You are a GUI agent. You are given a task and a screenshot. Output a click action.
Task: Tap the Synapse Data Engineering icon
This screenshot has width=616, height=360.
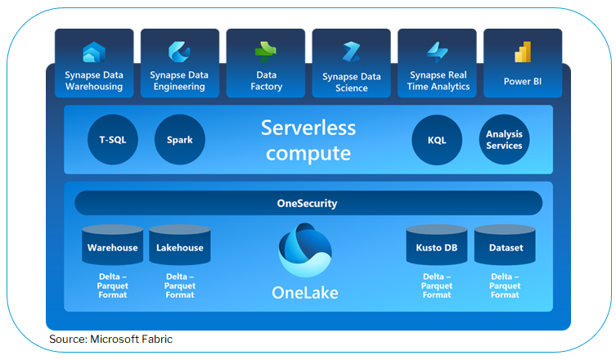(x=179, y=52)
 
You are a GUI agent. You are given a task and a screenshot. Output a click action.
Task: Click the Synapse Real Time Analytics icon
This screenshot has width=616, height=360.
(x=437, y=52)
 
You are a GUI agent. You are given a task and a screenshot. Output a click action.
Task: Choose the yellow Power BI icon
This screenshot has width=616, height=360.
(x=523, y=52)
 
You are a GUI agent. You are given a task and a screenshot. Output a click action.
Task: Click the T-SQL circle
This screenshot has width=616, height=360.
(x=113, y=140)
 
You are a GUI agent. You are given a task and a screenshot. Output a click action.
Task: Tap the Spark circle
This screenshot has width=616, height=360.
(x=180, y=140)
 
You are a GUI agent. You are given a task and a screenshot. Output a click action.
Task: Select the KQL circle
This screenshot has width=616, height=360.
(x=438, y=140)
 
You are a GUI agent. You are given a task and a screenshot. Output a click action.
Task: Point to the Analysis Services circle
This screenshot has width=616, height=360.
(x=504, y=140)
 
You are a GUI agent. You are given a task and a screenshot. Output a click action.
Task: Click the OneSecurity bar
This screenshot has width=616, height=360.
(x=308, y=203)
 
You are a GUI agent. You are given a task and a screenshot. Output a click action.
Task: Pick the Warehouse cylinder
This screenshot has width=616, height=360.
(x=112, y=246)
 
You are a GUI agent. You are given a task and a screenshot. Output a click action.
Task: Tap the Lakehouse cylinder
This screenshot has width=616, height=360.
(x=180, y=246)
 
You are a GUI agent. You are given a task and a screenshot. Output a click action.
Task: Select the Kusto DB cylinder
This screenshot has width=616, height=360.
(x=437, y=246)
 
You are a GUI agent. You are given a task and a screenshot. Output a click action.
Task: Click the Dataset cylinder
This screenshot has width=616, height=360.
(x=505, y=246)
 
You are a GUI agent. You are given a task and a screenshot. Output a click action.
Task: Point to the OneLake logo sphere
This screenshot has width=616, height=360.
(x=305, y=250)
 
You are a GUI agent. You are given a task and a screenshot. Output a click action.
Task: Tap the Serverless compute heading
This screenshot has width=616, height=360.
(x=308, y=140)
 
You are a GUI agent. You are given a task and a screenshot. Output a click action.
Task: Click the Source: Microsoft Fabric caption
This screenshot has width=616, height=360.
(x=111, y=339)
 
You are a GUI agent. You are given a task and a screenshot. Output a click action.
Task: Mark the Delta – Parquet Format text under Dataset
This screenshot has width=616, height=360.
(x=505, y=286)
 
